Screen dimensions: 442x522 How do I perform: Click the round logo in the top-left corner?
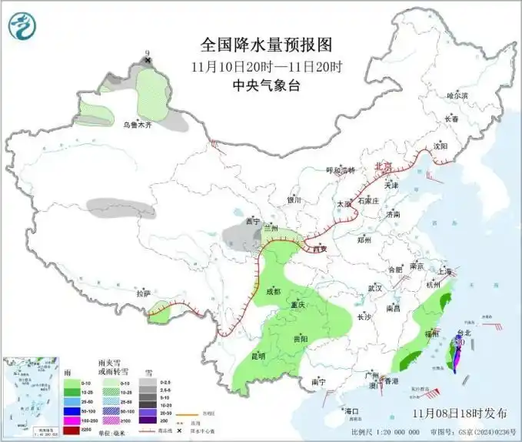(23, 26)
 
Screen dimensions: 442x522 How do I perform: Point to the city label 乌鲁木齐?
(138, 124)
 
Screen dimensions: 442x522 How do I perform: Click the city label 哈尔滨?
(457, 95)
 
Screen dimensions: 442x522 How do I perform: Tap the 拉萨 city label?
(144, 293)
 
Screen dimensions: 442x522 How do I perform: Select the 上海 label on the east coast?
(444, 271)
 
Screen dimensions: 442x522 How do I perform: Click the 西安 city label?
(320, 248)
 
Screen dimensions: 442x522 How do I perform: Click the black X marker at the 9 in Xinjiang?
(148, 59)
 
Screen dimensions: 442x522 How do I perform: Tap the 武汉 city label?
(374, 287)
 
